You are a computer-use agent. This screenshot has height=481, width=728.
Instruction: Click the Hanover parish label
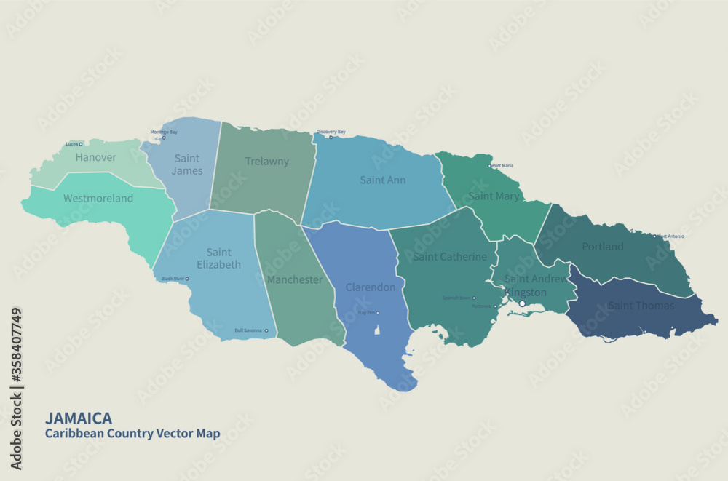(x=96, y=157)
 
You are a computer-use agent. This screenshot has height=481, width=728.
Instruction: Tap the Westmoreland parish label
(x=98, y=198)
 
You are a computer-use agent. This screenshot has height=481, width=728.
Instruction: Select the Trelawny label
(x=267, y=162)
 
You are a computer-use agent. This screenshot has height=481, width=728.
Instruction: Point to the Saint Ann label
(x=383, y=180)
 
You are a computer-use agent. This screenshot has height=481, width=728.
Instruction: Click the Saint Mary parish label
(x=494, y=196)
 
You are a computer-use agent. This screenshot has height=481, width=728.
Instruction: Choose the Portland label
(x=603, y=247)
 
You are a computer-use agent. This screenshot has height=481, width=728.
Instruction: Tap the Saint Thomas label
(x=641, y=306)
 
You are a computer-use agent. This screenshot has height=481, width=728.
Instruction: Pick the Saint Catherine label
(x=450, y=257)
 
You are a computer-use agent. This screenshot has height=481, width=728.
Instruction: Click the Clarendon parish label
(x=371, y=287)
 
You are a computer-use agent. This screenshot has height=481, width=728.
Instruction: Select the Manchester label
(x=295, y=279)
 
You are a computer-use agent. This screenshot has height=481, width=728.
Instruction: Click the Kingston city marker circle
(x=522, y=303)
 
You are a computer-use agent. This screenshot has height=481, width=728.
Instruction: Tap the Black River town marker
(x=187, y=279)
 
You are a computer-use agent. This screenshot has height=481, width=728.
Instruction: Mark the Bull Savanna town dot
(x=266, y=331)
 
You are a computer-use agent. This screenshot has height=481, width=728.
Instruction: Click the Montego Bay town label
(x=164, y=132)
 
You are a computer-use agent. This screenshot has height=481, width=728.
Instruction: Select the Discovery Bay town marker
(x=330, y=137)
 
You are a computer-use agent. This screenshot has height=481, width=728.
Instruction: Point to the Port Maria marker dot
(x=490, y=166)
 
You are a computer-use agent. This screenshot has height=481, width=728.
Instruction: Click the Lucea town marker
(x=81, y=144)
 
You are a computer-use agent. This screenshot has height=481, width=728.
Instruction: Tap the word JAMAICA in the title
(x=79, y=418)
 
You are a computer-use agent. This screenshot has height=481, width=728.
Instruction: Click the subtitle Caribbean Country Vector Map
(x=132, y=434)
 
